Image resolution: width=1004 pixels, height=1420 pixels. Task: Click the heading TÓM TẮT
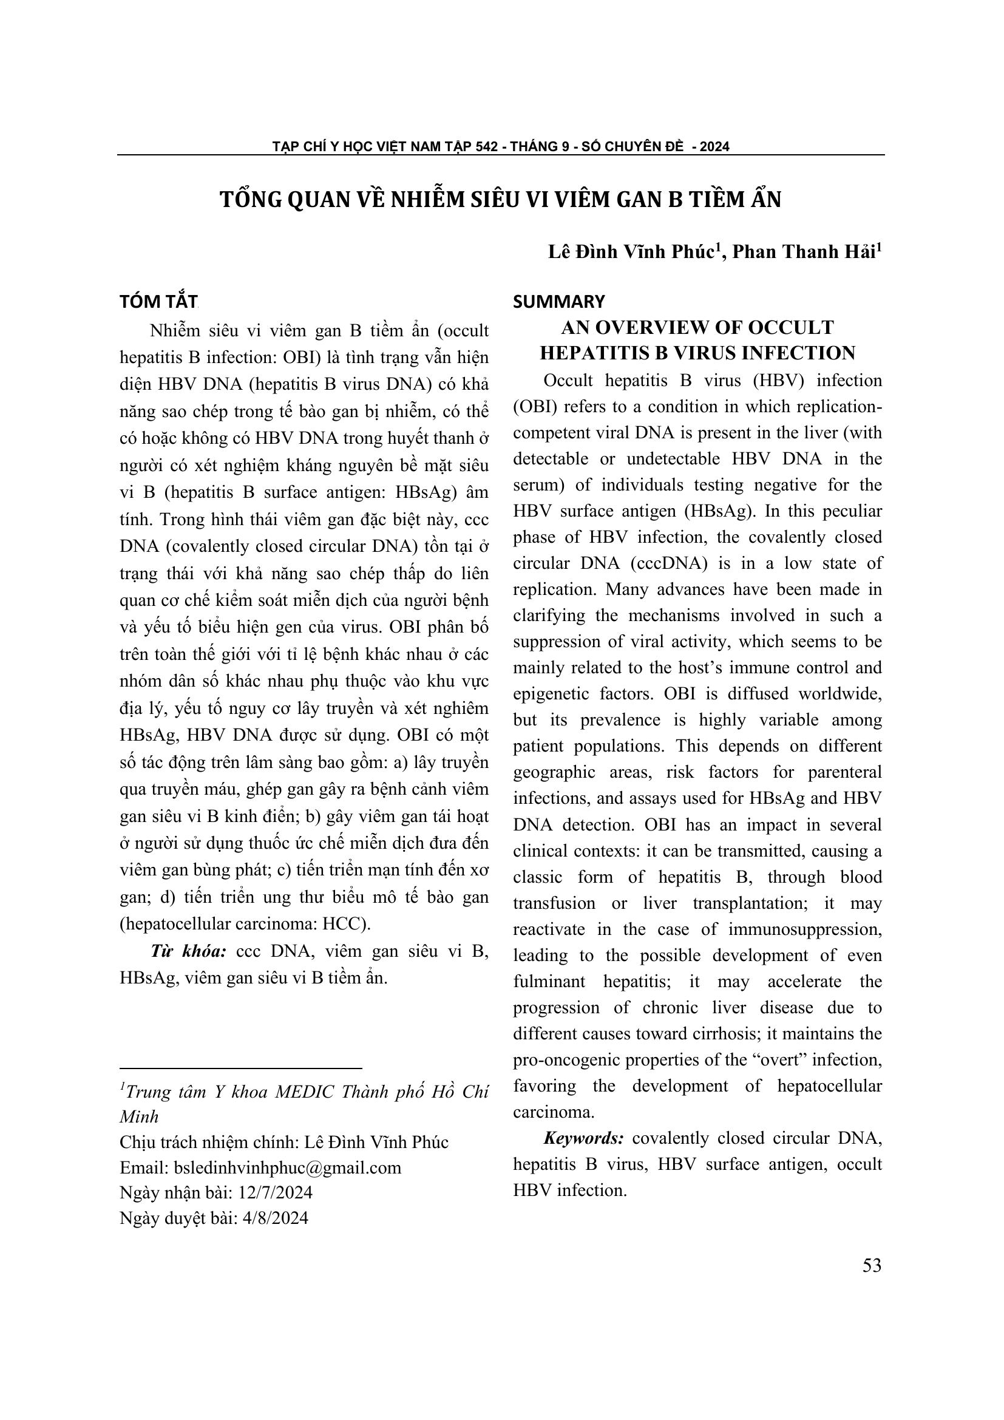click(x=158, y=302)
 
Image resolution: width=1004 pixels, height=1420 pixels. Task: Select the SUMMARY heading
click(x=559, y=302)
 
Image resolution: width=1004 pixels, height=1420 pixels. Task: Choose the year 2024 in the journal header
click(x=714, y=146)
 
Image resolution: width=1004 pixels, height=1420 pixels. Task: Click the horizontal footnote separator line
click(x=240, y=1068)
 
